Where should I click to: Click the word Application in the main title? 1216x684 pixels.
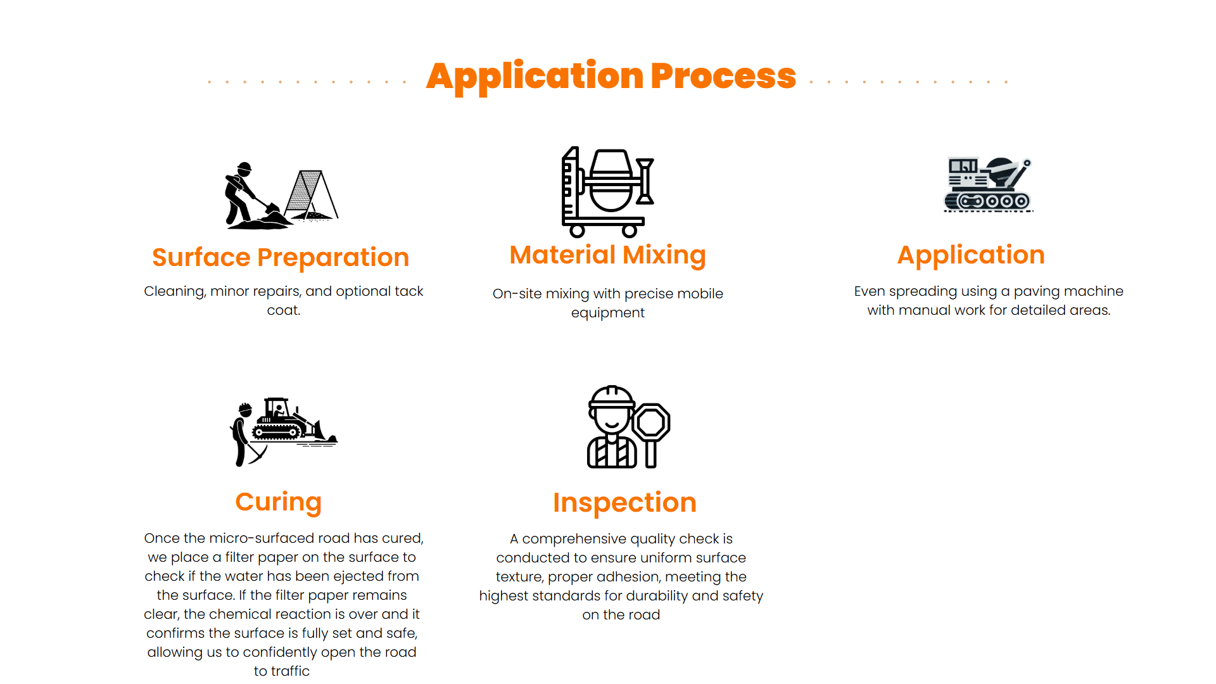pos(535,77)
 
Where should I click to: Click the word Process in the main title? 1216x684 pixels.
pos(723,77)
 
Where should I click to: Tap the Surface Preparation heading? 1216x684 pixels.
pos(281,258)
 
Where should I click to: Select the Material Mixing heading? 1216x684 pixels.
pos(608,255)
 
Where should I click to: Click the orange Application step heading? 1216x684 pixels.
pos(971,255)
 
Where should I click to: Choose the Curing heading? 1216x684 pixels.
pos(279,502)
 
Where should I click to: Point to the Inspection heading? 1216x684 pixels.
pos(624,503)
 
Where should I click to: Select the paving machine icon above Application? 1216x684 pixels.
pos(988,184)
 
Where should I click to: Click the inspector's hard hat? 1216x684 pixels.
pos(611,397)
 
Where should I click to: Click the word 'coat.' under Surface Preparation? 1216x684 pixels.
pos(284,310)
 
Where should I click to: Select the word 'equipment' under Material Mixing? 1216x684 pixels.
pos(608,313)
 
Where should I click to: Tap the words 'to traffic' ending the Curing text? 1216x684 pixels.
pos(282,671)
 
